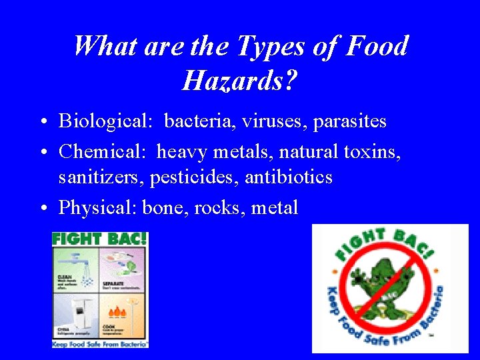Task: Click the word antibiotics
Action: point(289,177)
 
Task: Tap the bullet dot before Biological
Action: point(42,122)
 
